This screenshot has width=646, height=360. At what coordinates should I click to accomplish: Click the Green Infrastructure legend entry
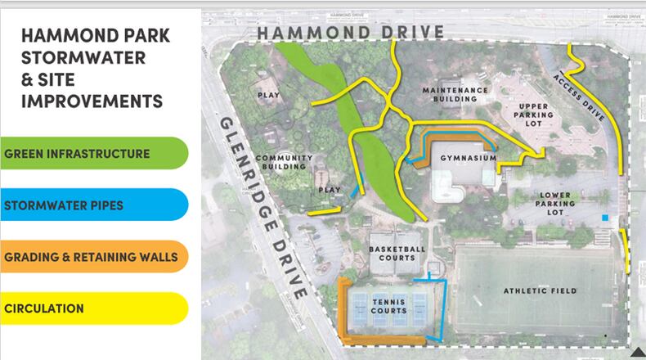(78, 154)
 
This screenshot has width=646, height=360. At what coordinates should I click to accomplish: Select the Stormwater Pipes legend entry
(65, 205)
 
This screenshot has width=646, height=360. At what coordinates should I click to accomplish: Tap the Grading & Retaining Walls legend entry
(91, 257)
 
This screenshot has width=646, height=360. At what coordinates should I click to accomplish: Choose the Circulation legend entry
(44, 308)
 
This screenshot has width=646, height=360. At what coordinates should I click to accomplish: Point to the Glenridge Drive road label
(263, 206)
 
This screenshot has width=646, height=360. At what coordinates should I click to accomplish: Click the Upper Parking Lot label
(528, 115)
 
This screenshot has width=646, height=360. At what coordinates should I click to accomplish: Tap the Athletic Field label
(541, 290)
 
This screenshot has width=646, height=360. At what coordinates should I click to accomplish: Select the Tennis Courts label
(389, 304)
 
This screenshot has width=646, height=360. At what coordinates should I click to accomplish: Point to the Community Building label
(285, 162)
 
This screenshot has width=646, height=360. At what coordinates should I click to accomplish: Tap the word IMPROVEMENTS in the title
(92, 101)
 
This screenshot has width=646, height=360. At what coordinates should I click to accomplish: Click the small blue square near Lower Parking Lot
(604, 218)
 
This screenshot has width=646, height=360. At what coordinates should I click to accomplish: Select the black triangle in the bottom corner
(637, 352)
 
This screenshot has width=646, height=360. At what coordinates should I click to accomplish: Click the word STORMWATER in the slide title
(83, 58)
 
